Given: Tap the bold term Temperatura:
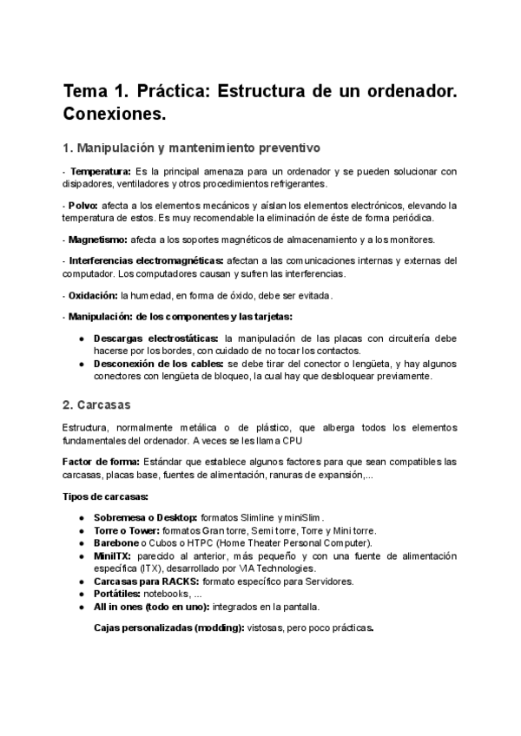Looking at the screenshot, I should (x=101, y=171).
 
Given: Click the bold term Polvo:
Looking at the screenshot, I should (x=84, y=205).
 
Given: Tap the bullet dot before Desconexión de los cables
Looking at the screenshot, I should (x=81, y=364).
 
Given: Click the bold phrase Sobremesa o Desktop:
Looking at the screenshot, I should (x=146, y=517).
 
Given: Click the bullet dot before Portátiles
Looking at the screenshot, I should (x=81, y=594).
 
